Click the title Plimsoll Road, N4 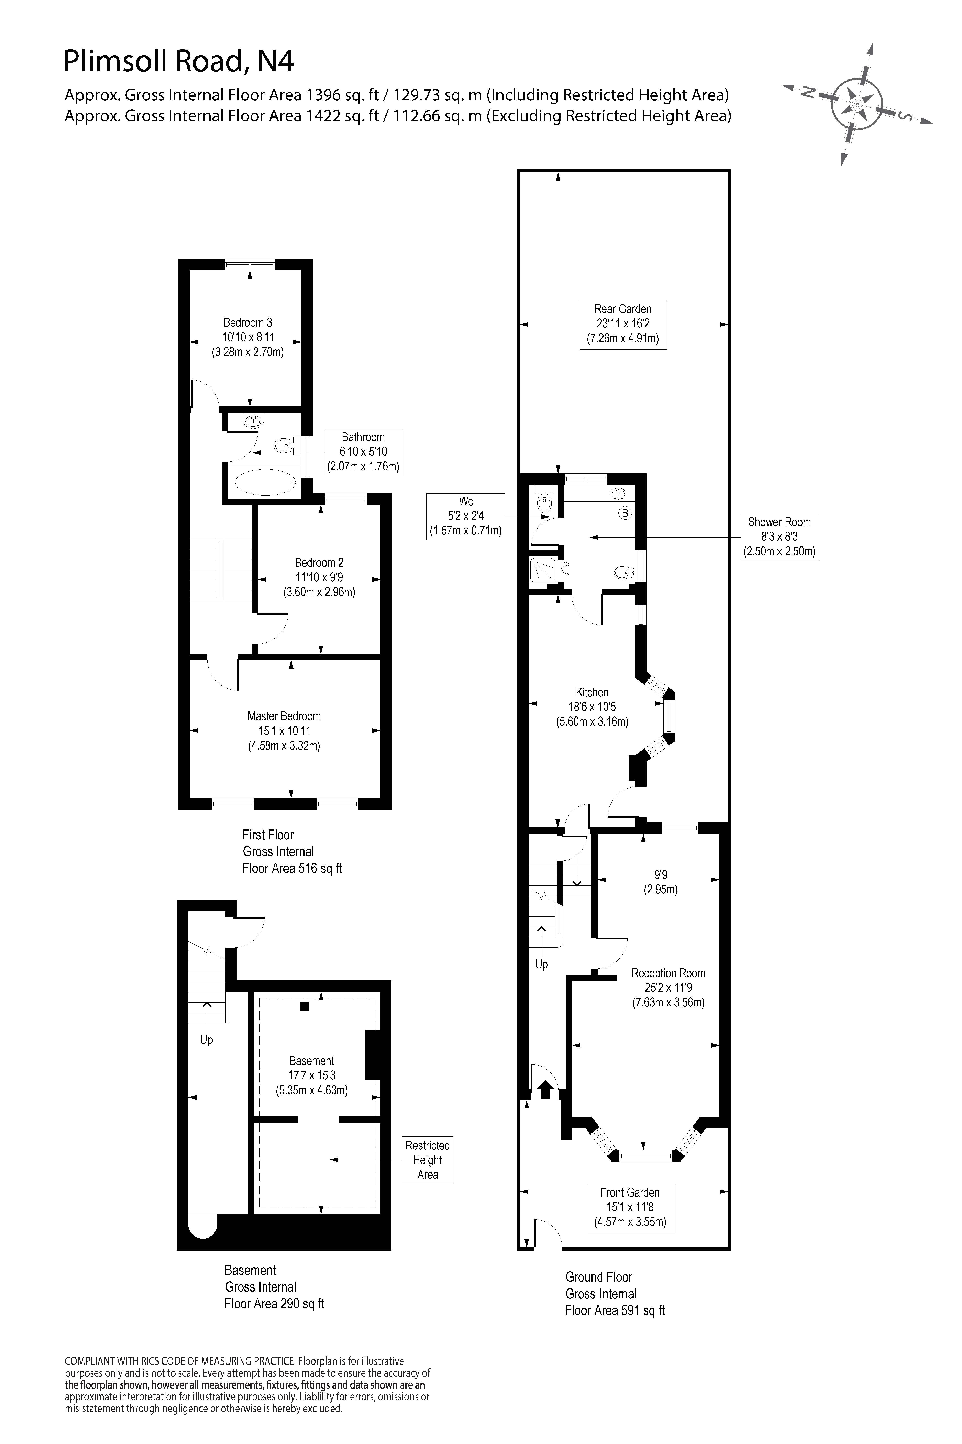(x=179, y=61)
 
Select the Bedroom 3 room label (x=248, y=322)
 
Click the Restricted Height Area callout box (x=428, y=1160)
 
